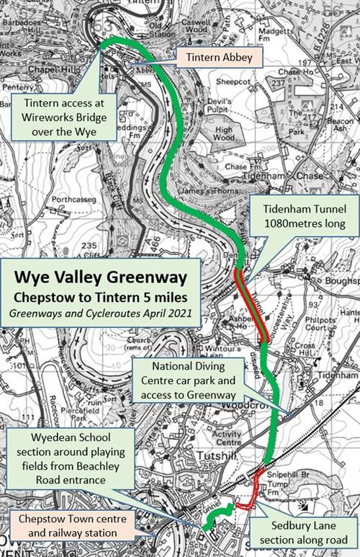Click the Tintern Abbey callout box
(x=214, y=55)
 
